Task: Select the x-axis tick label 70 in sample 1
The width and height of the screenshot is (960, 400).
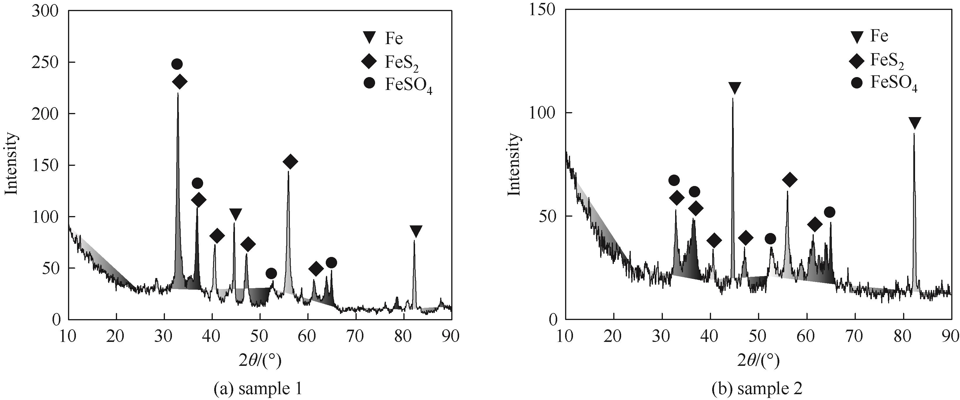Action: tap(356, 337)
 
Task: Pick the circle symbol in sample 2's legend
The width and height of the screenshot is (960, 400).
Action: tap(856, 84)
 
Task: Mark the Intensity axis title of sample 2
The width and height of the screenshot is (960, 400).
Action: tap(514, 164)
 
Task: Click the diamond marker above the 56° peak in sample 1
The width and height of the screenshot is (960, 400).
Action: tap(290, 161)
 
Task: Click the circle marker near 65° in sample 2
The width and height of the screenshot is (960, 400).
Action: tap(829, 212)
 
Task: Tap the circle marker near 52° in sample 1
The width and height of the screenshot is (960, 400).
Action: tap(271, 273)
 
